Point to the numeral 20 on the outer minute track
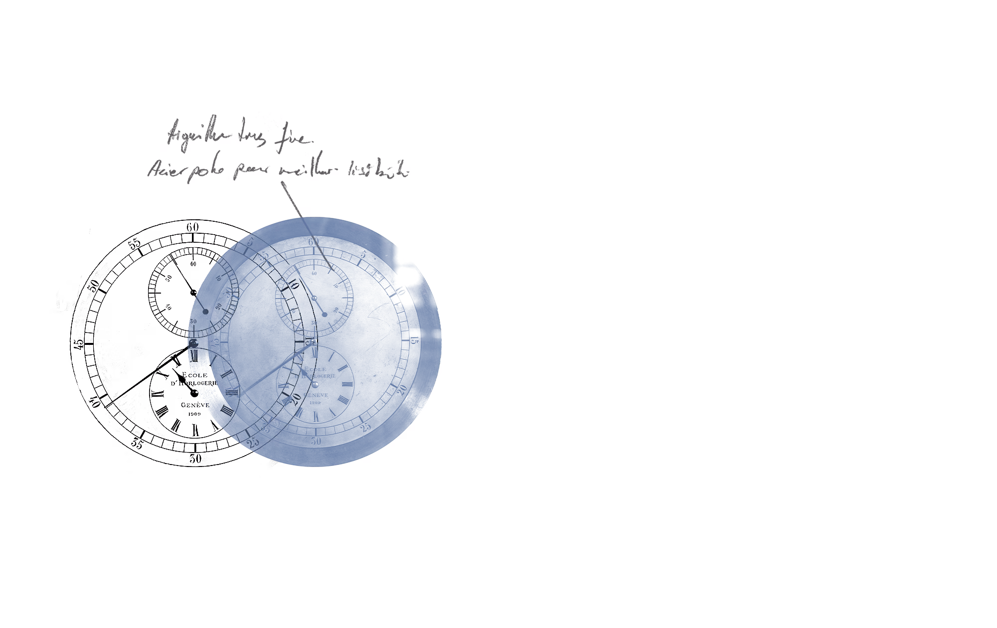(x=296, y=399)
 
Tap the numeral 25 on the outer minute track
(x=254, y=442)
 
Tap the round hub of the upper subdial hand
(x=205, y=312)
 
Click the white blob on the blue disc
(x=408, y=277)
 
